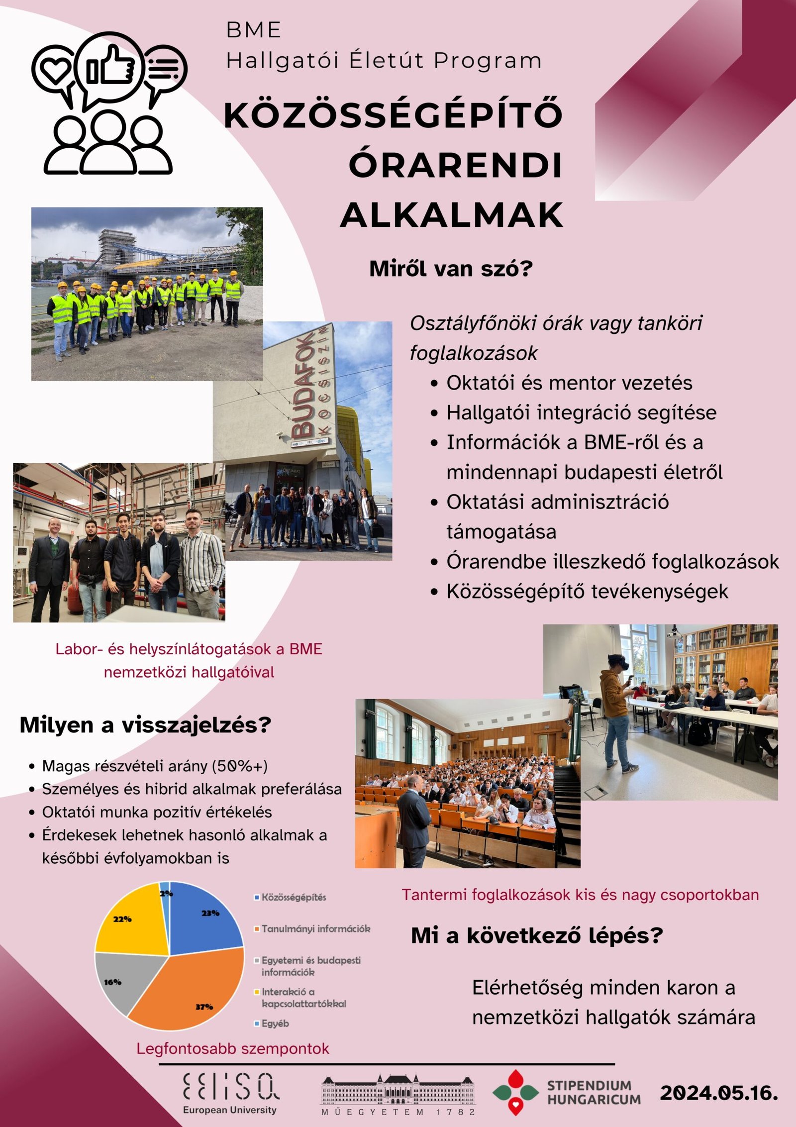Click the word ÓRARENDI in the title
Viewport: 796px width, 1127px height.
[455, 165]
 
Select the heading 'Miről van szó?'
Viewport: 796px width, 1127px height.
[451, 269]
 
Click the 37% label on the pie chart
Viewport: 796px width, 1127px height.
[204, 1007]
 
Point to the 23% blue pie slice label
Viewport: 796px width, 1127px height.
[210, 913]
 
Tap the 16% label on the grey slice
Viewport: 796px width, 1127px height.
[113, 982]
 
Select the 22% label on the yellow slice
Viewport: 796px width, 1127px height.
[122, 919]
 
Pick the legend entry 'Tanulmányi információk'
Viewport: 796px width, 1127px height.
[315, 928]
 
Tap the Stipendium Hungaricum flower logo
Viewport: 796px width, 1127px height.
[516, 1092]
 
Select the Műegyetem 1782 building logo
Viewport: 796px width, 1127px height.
[398, 1094]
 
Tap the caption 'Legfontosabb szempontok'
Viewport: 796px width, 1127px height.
[233, 1048]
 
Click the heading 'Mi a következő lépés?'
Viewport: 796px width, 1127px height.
[537, 936]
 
